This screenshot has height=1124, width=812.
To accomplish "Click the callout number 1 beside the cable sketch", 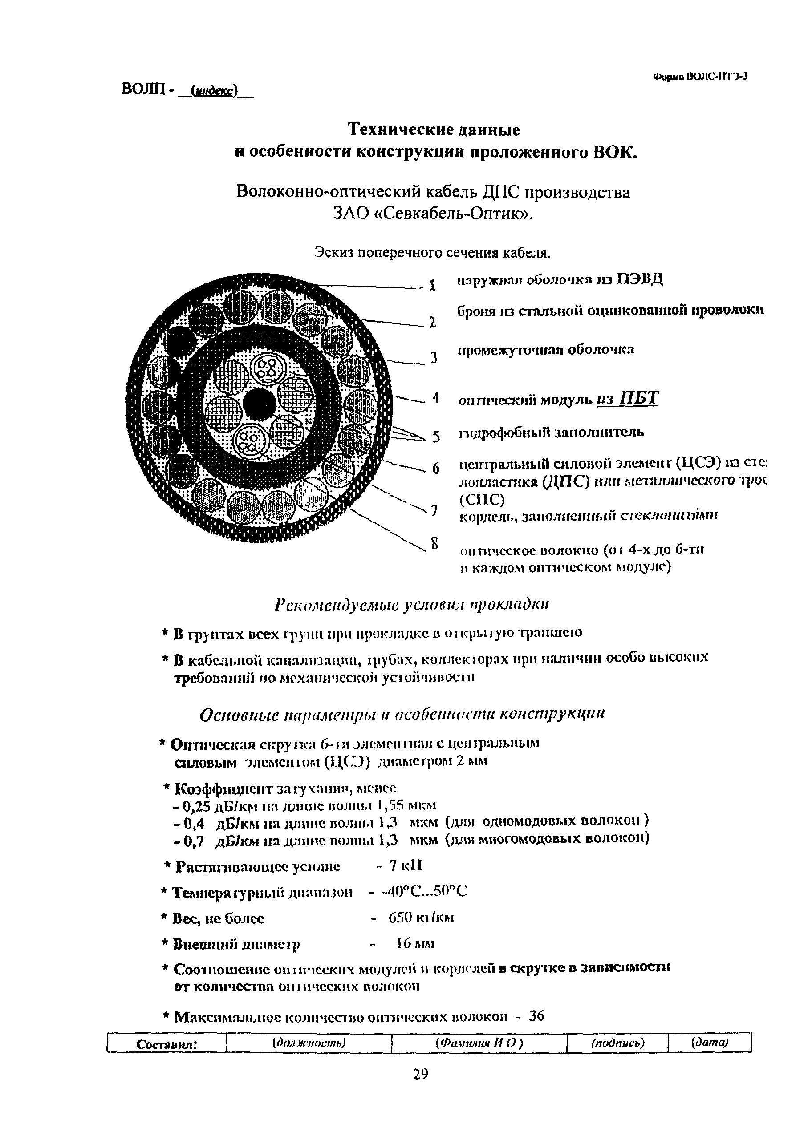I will [432, 286].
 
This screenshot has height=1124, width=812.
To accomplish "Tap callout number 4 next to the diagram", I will [435, 397].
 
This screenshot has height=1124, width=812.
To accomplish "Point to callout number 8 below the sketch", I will [434, 544].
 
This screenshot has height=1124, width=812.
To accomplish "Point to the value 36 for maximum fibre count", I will [536, 1016].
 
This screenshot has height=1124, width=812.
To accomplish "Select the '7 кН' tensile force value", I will [405, 865].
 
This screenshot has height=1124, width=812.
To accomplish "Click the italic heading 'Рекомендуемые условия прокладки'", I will [411, 605].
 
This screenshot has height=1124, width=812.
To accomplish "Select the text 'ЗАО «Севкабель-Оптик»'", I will [433, 214].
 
